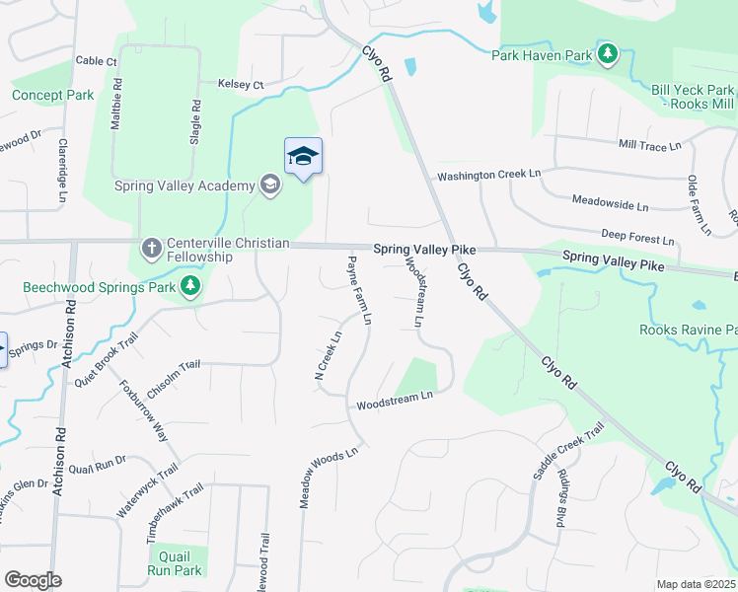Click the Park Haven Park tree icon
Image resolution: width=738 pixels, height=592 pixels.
point(610,53)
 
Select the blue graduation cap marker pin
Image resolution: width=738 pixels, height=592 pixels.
point(304,156)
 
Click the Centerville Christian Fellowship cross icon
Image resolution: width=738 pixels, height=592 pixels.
point(151,247)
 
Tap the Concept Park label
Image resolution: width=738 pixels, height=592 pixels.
point(52,96)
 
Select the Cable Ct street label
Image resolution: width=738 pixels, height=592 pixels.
point(96,61)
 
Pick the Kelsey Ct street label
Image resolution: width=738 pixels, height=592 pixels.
point(241,86)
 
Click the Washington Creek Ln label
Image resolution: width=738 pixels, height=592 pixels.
point(489,175)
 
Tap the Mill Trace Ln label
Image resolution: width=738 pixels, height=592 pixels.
point(649,145)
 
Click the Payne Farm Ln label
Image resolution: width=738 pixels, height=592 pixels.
point(359,291)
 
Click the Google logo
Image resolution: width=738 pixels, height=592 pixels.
point(34,580)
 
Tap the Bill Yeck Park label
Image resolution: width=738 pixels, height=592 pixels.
point(692,89)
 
